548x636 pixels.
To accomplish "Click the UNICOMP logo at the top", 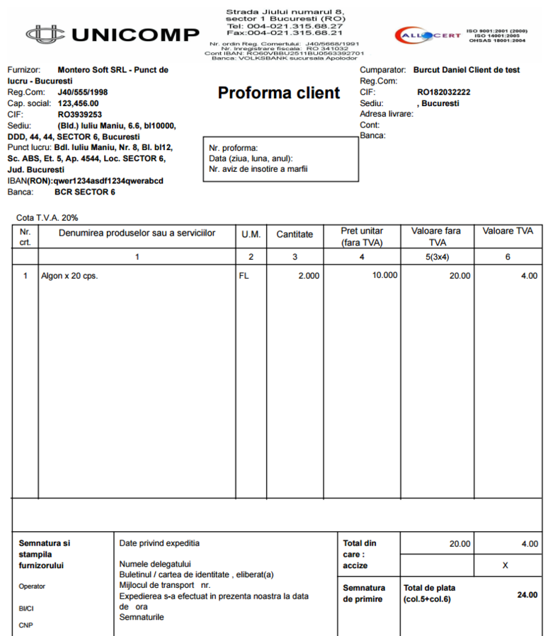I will [x=113, y=34].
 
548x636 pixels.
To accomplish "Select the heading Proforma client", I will [x=279, y=93].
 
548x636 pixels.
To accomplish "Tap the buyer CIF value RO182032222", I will [x=443, y=92].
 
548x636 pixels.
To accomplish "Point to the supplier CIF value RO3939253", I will [x=80, y=115].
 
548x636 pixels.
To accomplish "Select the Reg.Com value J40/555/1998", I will [x=83, y=93].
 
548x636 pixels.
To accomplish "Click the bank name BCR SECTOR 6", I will [x=85, y=192].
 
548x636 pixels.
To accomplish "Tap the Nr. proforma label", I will [x=234, y=149].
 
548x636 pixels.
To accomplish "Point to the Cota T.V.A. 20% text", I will [x=47, y=218].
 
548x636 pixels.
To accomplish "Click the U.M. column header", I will [x=251, y=233].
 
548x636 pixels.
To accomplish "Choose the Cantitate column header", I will [x=295, y=233].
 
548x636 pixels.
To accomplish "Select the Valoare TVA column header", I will [x=508, y=231].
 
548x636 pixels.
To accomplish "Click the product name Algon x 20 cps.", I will [x=69, y=276].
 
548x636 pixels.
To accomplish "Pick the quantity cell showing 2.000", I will [x=308, y=276].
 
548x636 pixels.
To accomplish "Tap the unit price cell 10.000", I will [x=384, y=275].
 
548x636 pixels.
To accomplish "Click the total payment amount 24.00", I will [x=527, y=595].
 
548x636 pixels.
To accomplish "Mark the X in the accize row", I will [x=505, y=566].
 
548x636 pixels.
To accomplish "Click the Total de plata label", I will [x=429, y=588].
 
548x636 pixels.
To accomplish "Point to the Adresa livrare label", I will [x=386, y=114].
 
